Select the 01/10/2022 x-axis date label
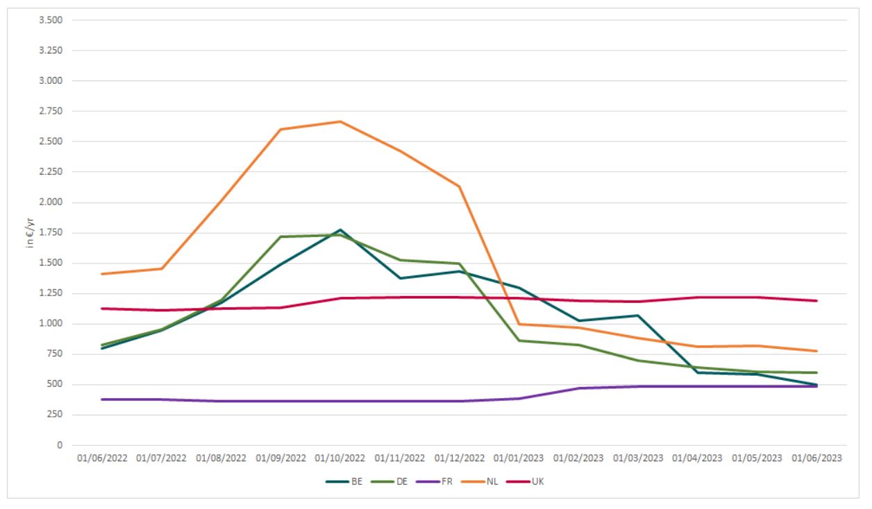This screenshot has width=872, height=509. click(340, 458)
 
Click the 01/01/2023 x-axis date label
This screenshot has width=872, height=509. click(519, 458)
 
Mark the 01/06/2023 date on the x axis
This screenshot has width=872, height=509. click(816, 458)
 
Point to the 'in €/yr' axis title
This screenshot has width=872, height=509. click(30, 233)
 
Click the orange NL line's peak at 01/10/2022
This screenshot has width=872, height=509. click(340, 121)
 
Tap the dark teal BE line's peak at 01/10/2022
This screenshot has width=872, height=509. click(340, 230)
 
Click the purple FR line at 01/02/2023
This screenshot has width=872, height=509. click(578, 388)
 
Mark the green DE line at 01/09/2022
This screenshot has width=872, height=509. click(280, 236)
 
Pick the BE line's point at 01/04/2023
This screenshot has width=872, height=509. click(698, 372)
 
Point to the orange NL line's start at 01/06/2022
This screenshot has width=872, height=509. click(102, 274)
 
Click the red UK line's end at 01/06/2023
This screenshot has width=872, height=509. click(816, 300)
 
